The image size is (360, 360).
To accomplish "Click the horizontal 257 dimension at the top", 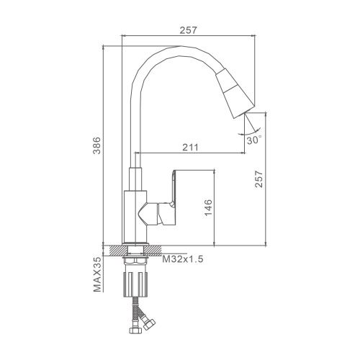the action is (188, 30).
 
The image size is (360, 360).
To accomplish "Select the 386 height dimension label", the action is (96, 145).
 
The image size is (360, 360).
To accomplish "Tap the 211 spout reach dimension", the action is (190, 147).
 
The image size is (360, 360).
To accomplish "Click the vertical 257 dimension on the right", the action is (259, 179).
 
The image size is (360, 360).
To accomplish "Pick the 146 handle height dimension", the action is (208, 207).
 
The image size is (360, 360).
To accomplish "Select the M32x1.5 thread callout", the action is (183, 259).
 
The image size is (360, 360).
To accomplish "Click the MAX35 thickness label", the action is (97, 275).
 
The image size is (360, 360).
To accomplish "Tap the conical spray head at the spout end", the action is (235, 94).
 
